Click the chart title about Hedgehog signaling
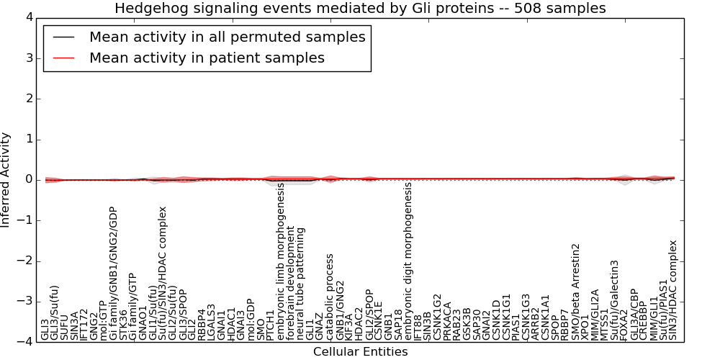(360, 8)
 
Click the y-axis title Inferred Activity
(6, 180)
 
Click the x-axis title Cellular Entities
(360, 352)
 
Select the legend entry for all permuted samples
(227, 37)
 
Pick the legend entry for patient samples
(207, 58)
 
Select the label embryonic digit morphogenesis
(408, 261)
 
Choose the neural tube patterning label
(301, 284)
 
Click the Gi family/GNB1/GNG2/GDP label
(113, 274)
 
